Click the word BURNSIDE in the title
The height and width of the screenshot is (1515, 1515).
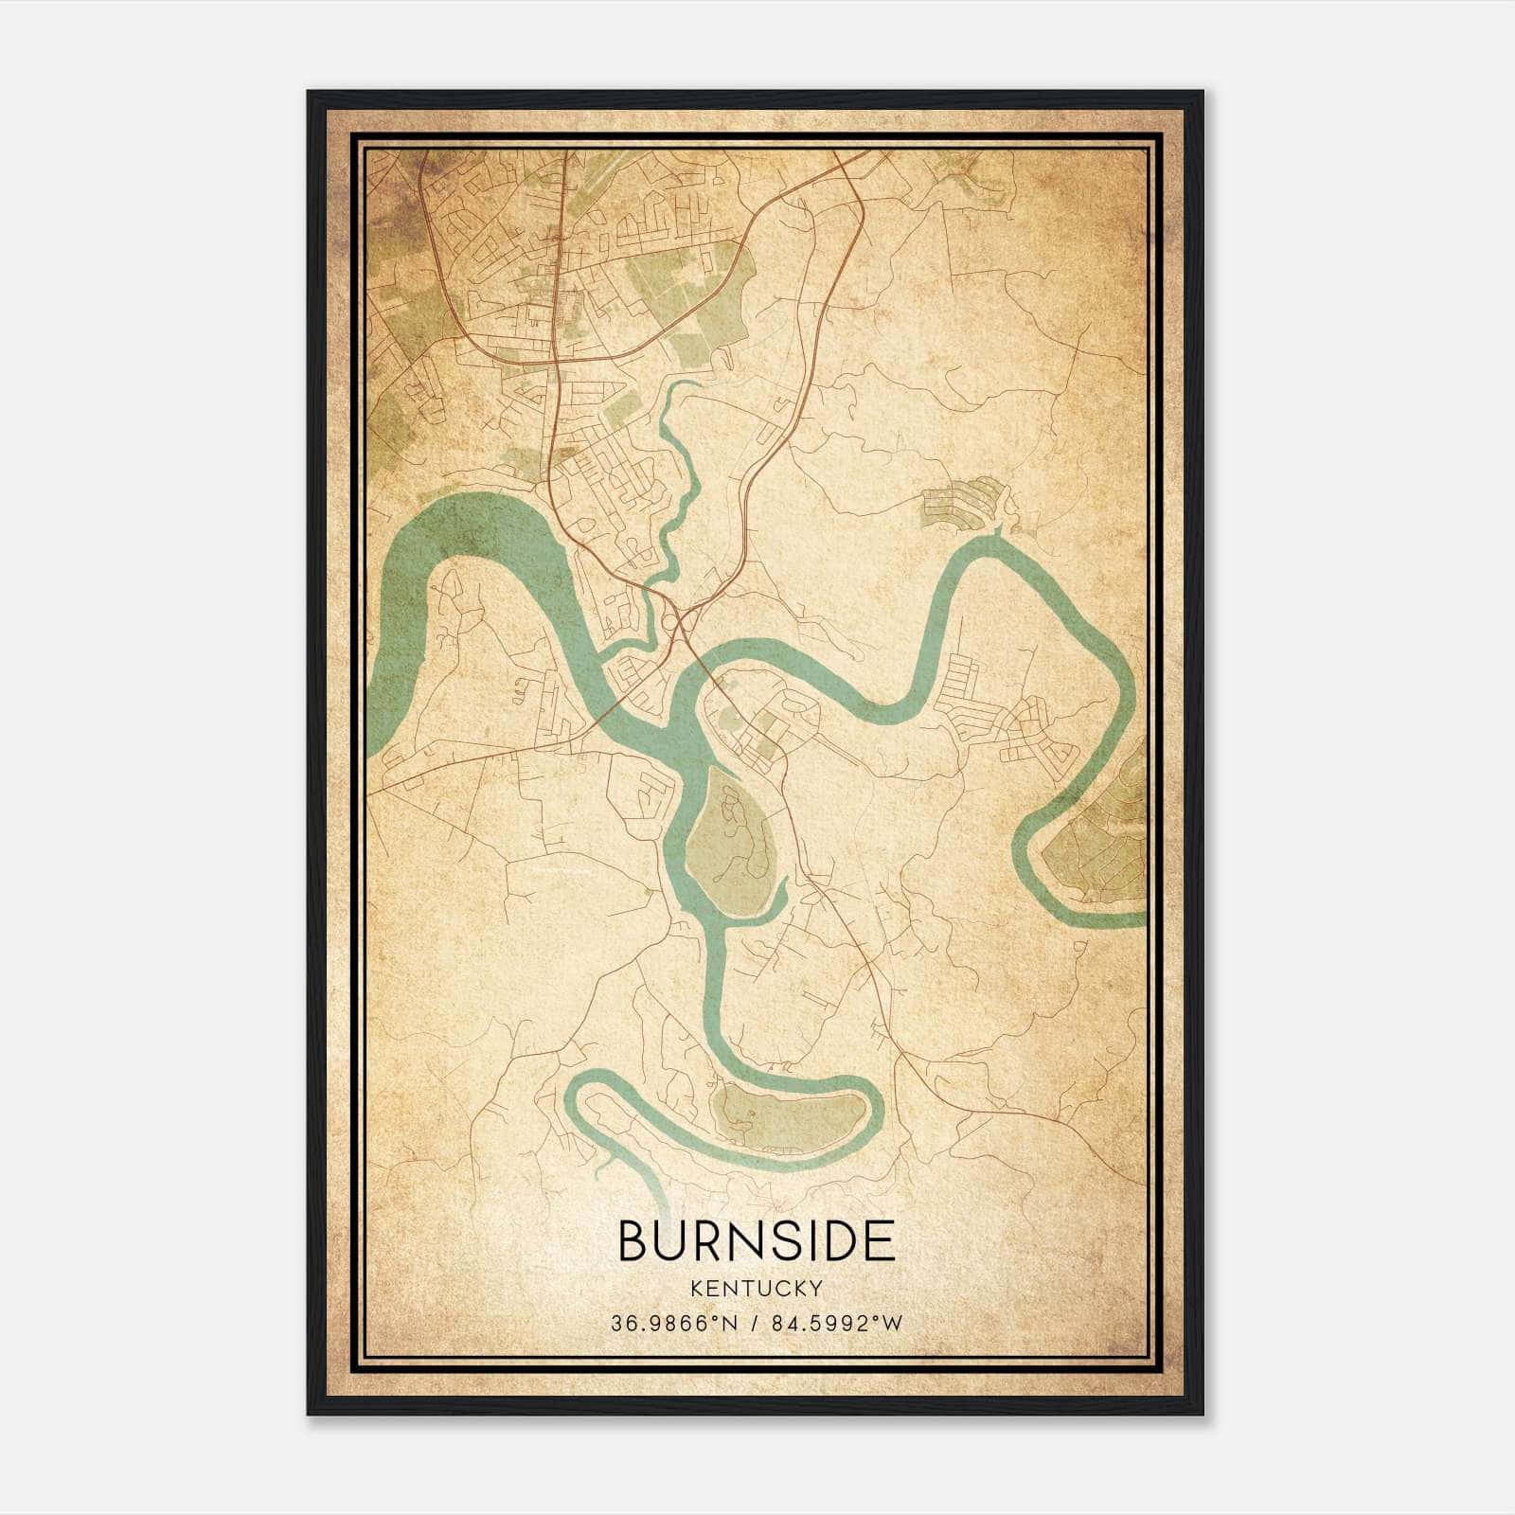pyautogui.click(x=757, y=1240)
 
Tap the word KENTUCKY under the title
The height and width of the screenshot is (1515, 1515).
pyautogui.click(x=757, y=1288)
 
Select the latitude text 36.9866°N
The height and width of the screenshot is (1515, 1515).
pyautogui.click(x=672, y=1324)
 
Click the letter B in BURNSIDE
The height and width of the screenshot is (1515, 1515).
pyautogui.click(x=633, y=1240)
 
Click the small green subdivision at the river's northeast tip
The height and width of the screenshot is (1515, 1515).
pyautogui.click(x=961, y=502)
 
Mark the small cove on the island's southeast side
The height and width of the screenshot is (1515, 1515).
pyautogui.click(x=778, y=895)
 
